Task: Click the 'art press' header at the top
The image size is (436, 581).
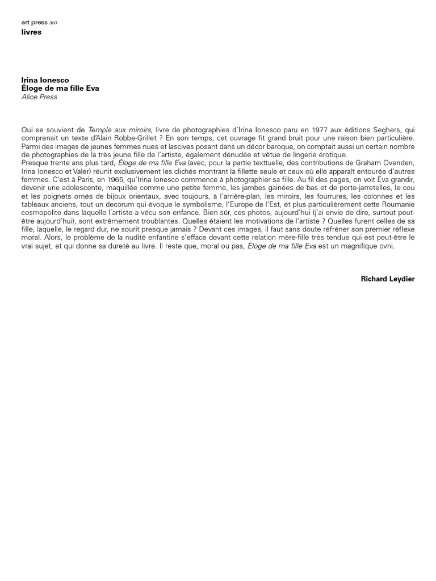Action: coord(34,22)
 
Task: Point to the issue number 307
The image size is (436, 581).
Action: coord(53,23)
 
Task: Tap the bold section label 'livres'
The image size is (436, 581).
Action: coord(31,32)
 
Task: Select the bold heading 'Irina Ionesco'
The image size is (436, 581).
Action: coord(45,81)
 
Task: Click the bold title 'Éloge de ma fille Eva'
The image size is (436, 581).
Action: coord(60,89)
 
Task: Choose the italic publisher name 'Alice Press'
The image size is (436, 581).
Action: coord(39,97)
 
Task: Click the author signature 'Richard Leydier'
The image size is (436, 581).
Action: coord(388,279)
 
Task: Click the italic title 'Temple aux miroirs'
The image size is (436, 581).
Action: coord(119,130)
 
